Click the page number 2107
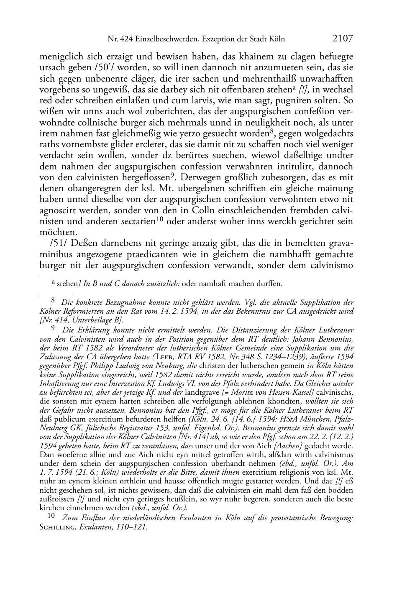point(343,38)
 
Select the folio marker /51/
point(58,243)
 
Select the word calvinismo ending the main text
point(331,265)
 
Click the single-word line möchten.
point(52,232)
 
